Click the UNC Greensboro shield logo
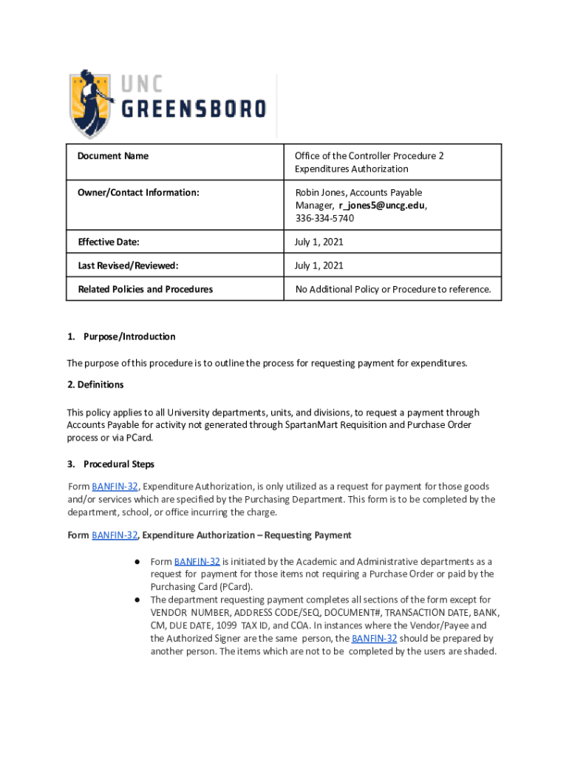(x=92, y=103)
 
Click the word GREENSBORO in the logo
(x=194, y=109)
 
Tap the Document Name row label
(x=113, y=156)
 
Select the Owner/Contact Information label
(x=138, y=193)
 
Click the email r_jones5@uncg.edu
(x=382, y=206)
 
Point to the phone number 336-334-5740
(x=324, y=218)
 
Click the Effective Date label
(x=109, y=242)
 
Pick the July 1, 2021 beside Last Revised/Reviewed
(x=319, y=265)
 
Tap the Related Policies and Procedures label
(x=145, y=289)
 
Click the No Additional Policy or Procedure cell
(x=392, y=289)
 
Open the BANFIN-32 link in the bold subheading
(x=115, y=535)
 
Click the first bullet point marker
(x=137, y=562)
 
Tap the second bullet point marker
(x=137, y=600)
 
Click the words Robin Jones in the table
(x=320, y=193)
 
